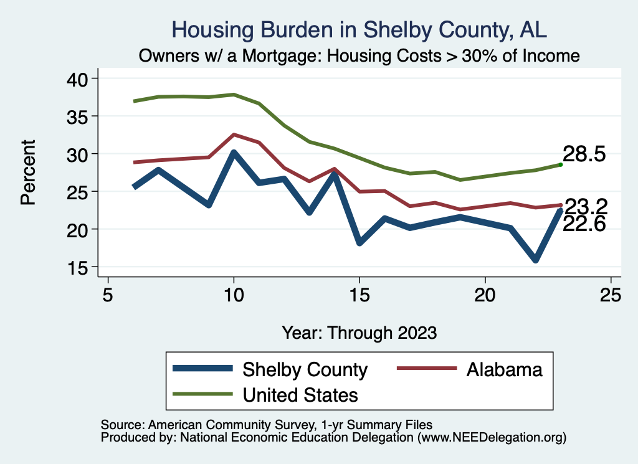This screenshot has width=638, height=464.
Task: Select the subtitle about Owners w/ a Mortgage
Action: pyautogui.click(x=359, y=55)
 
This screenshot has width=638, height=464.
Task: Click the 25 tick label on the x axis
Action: pyautogui.click(x=611, y=295)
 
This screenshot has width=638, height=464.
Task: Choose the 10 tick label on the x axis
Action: pyautogui.click(x=234, y=295)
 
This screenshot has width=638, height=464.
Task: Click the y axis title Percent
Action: pyautogui.click(x=28, y=173)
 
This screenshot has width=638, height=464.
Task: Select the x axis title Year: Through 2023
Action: pyautogui.click(x=359, y=332)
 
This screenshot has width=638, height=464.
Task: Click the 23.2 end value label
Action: pyautogui.click(x=585, y=206)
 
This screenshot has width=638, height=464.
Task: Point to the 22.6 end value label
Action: pyautogui.click(x=584, y=224)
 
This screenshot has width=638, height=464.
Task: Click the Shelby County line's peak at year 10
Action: pyautogui.click(x=234, y=153)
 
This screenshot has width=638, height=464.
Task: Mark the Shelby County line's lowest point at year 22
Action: pyautogui.click(x=535, y=260)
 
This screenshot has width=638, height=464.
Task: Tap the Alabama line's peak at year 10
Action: pyautogui.click(x=234, y=135)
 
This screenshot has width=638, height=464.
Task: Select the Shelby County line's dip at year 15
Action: pyautogui.click(x=359, y=242)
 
